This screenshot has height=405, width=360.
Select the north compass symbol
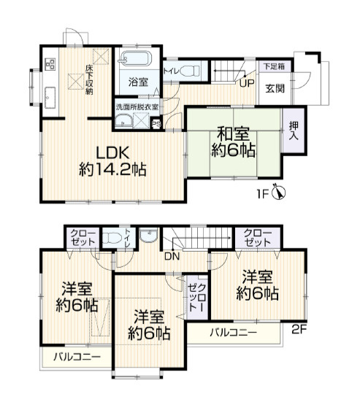point(279,192)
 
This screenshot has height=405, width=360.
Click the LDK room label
point(112,154)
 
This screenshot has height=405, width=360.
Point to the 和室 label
point(233,134)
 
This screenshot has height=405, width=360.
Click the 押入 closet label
point(294,131)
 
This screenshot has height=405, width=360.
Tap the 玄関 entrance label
point(275,88)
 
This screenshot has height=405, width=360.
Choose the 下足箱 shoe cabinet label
point(274,66)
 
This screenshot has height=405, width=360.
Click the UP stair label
point(247,83)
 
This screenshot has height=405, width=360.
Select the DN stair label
point(172,256)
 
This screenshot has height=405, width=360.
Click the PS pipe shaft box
point(156,124)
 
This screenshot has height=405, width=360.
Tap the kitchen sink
point(50,98)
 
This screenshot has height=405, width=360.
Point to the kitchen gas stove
point(50,63)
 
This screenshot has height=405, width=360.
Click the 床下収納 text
point(89,80)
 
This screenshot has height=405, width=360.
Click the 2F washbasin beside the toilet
point(148,235)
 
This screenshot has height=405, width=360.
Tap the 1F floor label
point(263,193)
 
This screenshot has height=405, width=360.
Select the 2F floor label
point(299,329)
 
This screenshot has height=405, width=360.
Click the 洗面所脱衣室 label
point(137,107)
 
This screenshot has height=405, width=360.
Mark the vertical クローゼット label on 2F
point(197,298)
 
